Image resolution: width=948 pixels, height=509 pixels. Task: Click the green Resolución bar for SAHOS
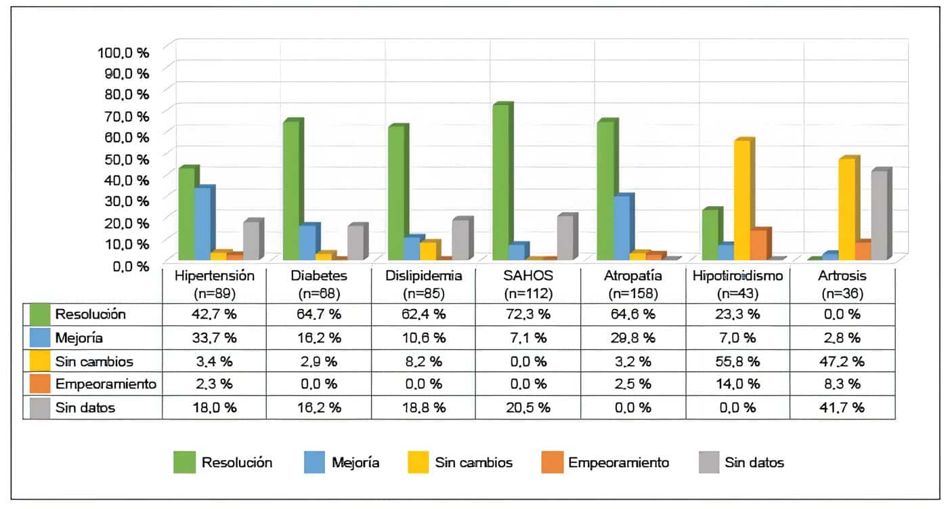[x=500, y=183]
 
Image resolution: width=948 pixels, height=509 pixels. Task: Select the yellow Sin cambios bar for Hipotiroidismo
[x=742, y=201]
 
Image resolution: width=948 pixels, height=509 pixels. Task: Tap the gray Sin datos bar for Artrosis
[x=879, y=216]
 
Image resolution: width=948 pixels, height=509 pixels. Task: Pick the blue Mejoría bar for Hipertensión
[x=202, y=224]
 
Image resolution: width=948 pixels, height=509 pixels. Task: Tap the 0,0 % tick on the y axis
[x=127, y=265]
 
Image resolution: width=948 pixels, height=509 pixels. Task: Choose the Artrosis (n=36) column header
[x=842, y=285]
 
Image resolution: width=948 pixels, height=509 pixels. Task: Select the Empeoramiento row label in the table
[x=106, y=384]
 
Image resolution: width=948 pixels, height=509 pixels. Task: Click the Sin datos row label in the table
[x=85, y=407]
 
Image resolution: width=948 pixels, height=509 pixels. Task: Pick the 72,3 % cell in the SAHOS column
[x=527, y=314]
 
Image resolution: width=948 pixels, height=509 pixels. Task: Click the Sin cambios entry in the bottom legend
[x=473, y=463]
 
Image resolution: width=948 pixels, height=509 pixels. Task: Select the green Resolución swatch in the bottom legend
[x=184, y=463]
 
